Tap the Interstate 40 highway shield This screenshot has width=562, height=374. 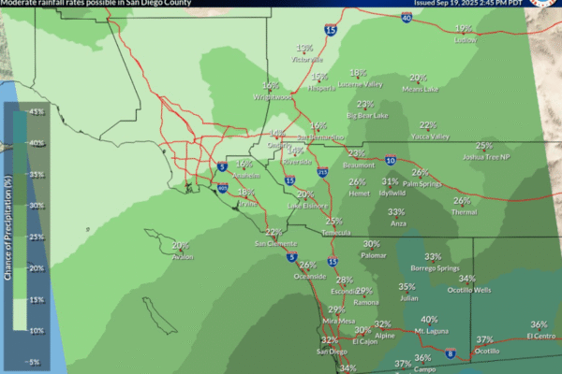pyautogui.click(x=407, y=17)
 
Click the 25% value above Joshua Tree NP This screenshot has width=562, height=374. pyautogui.click(x=483, y=146)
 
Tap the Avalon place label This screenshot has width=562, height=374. pyautogui.click(x=181, y=256)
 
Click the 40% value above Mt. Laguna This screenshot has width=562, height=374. pyautogui.click(x=429, y=320)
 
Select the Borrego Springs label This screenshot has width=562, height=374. pyautogui.click(x=434, y=268)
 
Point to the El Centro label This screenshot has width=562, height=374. pyautogui.click(x=542, y=335)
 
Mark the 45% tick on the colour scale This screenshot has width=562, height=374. pyautogui.click(x=37, y=112)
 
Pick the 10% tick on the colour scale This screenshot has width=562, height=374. pyautogui.click(x=37, y=330)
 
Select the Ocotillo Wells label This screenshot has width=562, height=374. pyautogui.click(x=468, y=290)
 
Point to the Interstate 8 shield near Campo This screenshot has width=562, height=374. pyautogui.click(x=451, y=353)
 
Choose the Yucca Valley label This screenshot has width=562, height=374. pyautogui.click(x=430, y=137)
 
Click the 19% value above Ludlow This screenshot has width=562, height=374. pyautogui.click(x=463, y=29)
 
